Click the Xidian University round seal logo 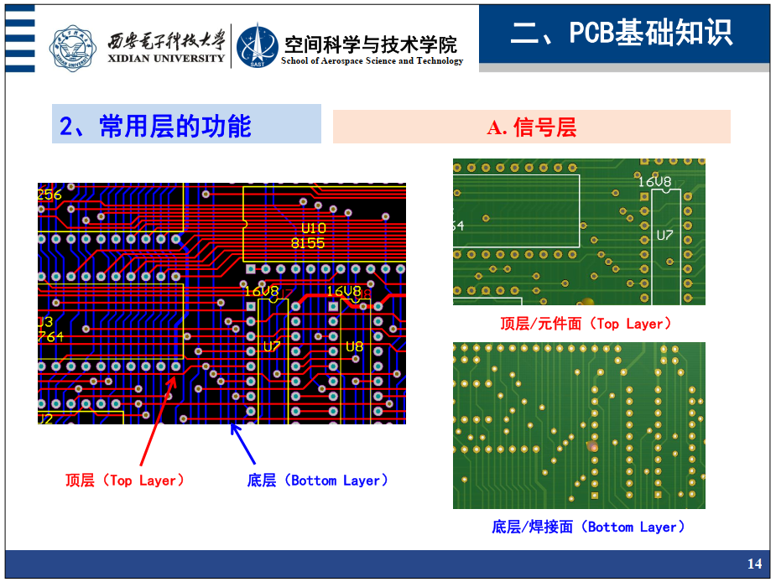pos(73,45)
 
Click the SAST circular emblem pos(257,45)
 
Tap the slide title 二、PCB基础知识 pos(622,33)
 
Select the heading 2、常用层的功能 pos(155,126)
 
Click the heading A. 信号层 pos(531,127)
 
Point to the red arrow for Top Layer pos(157,423)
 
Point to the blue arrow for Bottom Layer pos(242,444)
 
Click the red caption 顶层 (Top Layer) pos(124,481)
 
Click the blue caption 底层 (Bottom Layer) pos(318,481)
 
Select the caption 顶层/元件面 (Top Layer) pos(586,324)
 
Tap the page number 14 pos(754,564)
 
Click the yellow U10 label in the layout pos(314,228)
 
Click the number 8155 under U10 pos(308,243)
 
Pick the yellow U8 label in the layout pos(354,346)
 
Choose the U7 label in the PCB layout pos(272,346)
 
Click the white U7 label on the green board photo pos(664,236)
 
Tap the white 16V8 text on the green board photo pos(654,181)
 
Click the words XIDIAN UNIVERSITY pos(167,59)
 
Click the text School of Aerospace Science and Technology pos(372,60)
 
